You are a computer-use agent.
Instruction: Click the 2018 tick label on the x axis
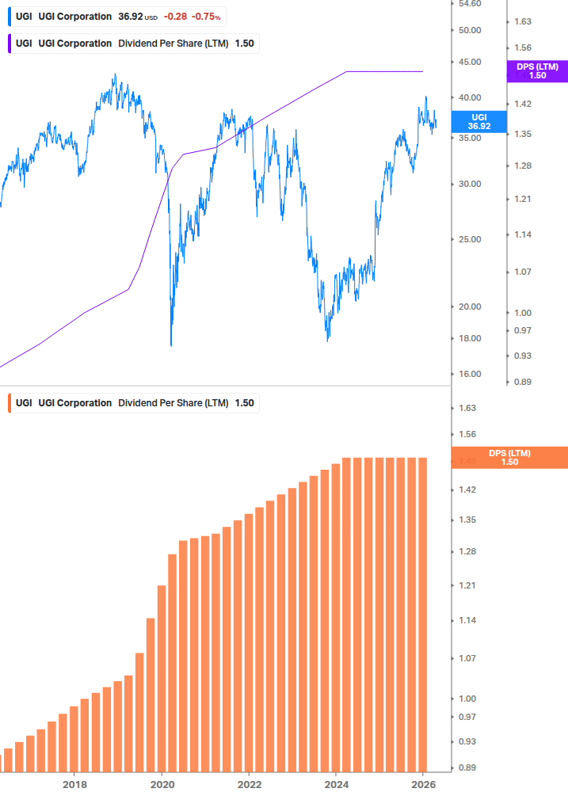(74, 784)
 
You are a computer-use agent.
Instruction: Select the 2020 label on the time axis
(162, 784)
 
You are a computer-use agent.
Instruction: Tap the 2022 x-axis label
(249, 784)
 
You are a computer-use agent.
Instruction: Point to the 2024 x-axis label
(336, 784)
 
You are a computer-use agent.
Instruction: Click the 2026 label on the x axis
(424, 784)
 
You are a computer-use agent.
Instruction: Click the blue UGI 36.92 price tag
(478, 121)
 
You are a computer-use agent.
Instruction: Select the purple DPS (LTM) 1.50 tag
(536, 71)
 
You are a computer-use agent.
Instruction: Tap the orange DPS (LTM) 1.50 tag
(509, 458)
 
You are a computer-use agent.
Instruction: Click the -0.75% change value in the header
(206, 17)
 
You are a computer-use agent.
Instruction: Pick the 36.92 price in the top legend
(131, 17)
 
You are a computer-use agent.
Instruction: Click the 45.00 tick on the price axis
(470, 62)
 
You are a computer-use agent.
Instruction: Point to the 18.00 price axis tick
(470, 339)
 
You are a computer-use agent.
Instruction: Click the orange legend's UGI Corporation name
(74, 403)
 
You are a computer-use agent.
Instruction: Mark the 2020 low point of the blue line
(171, 345)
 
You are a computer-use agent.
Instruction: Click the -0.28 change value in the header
(175, 17)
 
